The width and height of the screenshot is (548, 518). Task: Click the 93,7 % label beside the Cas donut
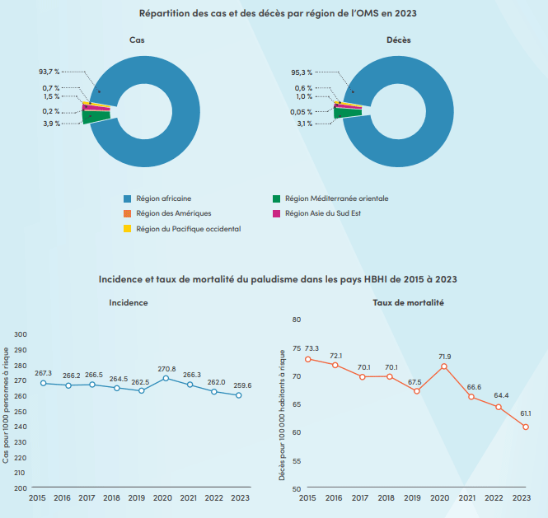click(49, 72)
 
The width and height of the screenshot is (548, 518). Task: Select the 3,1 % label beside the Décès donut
click(304, 124)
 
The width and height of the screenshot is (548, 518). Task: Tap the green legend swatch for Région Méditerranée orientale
click(276, 198)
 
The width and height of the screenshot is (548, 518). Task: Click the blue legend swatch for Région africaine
click(127, 198)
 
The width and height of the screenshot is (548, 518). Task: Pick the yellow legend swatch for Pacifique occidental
click(127, 228)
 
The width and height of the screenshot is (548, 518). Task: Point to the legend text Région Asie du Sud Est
click(324, 213)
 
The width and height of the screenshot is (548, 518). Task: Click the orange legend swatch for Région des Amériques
click(127, 213)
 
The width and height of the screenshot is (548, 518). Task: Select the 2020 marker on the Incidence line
click(166, 378)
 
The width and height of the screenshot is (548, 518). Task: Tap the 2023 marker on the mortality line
click(525, 427)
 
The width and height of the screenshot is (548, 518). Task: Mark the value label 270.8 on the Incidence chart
click(168, 368)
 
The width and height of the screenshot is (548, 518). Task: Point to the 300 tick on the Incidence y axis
click(21, 334)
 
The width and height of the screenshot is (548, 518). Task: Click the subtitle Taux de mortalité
click(408, 303)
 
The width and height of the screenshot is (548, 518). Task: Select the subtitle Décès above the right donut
click(399, 40)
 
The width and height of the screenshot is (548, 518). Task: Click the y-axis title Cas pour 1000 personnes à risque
click(7, 404)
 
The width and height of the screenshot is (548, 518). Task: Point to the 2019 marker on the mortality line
click(416, 390)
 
